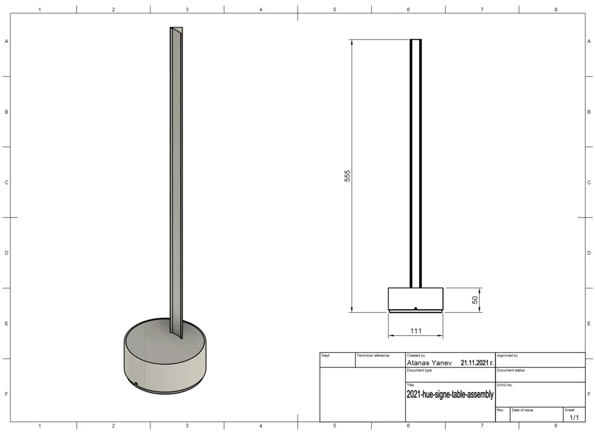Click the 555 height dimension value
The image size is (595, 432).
[x=347, y=176]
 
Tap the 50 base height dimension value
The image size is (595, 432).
[x=475, y=300]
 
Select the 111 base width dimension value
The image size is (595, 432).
[x=416, y=331]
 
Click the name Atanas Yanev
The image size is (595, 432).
[x=429, y=363]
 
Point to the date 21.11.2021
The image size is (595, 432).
[x=477, y=363]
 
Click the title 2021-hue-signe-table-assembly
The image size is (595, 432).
[x=450, y=394]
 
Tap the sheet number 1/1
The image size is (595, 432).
[x=574, y=417]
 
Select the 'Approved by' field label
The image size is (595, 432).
[x=507, y=356]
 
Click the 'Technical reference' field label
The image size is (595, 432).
[x=373, y=356]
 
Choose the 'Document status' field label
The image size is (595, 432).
[x=511, y=370]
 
